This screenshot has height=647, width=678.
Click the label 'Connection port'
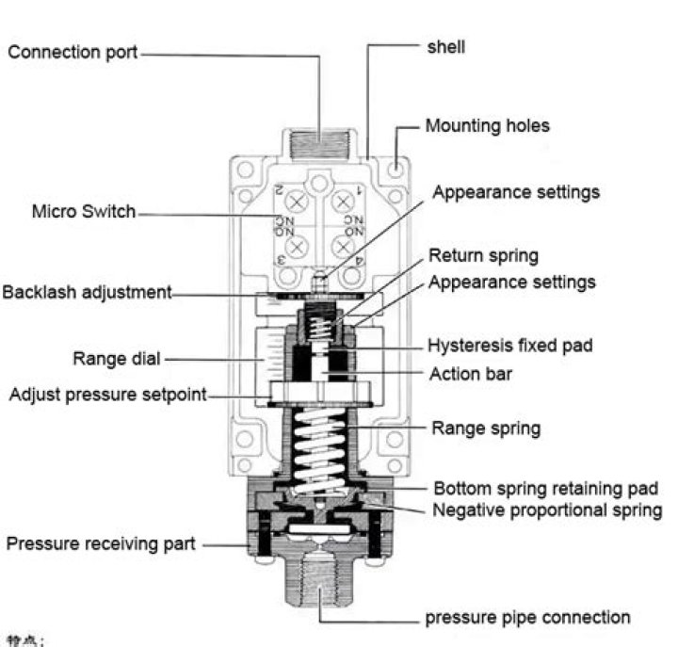coord(73,53)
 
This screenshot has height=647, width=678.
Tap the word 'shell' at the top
coord(445,46)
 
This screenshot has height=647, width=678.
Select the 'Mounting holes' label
coord(487,125)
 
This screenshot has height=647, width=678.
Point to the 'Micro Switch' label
coord(84,212)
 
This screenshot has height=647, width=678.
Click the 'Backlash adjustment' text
coord(88,292)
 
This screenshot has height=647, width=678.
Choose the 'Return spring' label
coord(483,255)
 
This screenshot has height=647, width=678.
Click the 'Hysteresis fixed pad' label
coord(510,346)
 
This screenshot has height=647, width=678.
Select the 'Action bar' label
coord(470,374)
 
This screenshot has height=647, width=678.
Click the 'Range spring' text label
coord(486,429)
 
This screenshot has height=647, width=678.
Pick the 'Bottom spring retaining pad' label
coord(545,489)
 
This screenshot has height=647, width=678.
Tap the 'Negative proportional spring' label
coord(547,510)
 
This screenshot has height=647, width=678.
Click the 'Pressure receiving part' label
coord(102,543)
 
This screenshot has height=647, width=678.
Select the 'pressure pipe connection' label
coord(527,618)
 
